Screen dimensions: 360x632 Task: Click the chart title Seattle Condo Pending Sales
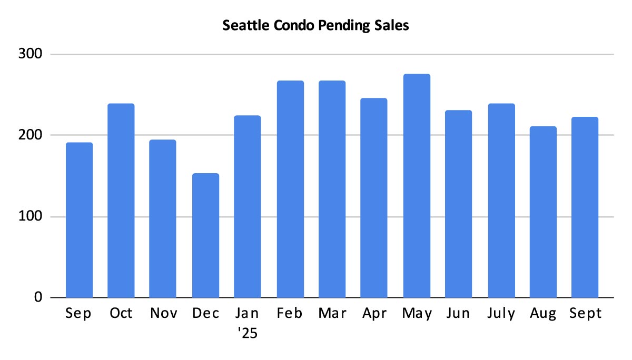[315, 26]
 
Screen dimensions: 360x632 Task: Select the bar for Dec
[205, 235]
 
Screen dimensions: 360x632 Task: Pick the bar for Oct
[121, 201]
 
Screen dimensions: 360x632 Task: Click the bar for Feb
[290, 189]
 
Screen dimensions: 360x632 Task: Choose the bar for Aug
[543, 212]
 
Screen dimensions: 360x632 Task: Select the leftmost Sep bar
[79, 220]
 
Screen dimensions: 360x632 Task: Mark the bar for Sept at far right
[585, 207]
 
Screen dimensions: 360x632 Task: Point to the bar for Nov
[163, 218]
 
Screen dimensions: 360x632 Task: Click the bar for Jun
[458, 204]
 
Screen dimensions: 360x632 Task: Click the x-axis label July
[501, 314]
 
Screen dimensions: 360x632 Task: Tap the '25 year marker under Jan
[247, 333]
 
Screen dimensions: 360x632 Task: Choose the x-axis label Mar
[332, 314]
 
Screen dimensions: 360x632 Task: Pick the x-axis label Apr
[374, 314]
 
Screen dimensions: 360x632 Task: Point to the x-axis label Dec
[205, 314]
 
